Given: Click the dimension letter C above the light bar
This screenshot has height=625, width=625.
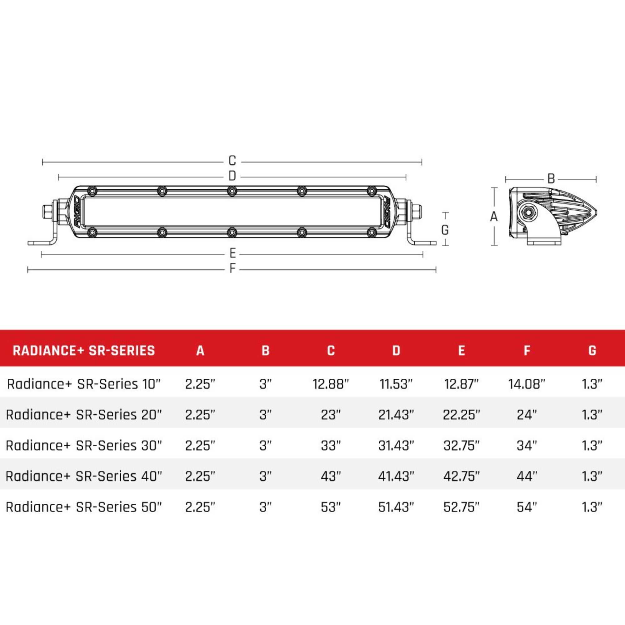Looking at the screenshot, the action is coord(232,161).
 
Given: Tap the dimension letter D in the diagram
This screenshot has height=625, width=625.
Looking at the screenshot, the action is coord(232,176).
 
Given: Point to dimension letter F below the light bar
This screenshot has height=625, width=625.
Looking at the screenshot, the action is coord(232,268).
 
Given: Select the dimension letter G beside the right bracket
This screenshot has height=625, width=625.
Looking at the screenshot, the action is coord(445,230).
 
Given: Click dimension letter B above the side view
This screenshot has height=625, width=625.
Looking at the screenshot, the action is coord(551,178).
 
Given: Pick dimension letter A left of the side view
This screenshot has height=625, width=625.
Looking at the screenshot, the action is coord(494,217).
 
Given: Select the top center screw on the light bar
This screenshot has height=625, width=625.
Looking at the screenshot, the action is coord(231,191).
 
